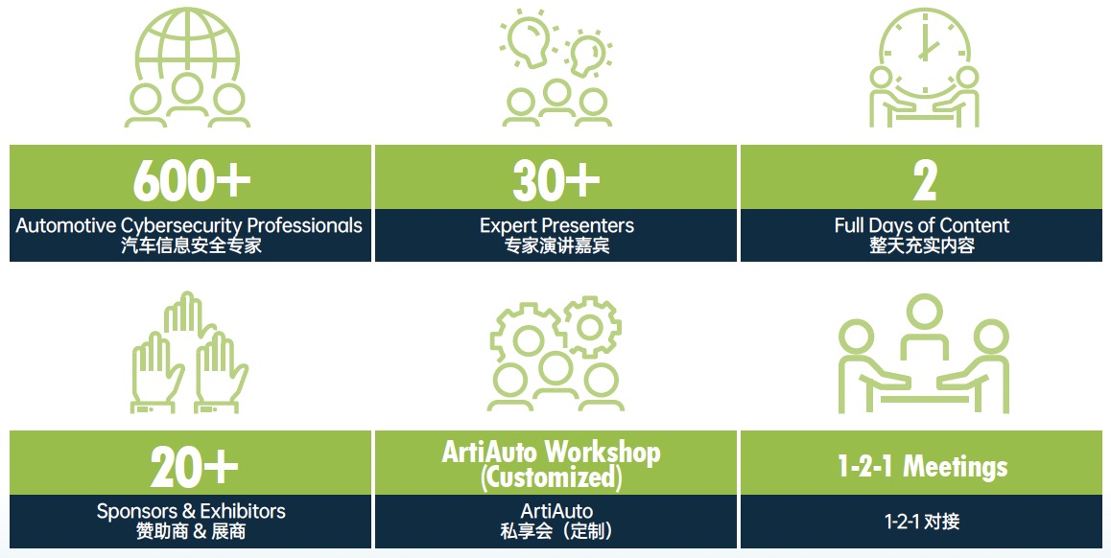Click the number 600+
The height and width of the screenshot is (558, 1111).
click(191, 180)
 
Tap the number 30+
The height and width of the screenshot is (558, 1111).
click(556, 180)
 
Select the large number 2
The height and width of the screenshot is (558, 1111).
click(924, 180)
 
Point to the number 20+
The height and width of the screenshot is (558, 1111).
click(194, 467)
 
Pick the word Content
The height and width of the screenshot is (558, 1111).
click(974, 226)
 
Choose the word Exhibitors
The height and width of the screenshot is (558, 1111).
click(243, 511)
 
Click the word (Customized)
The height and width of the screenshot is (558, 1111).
click(552, 477)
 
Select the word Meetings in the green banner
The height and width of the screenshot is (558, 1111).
click(956, 467)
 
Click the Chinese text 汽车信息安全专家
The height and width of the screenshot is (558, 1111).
click(191, 246)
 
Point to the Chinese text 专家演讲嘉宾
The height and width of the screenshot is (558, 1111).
click(556, 246)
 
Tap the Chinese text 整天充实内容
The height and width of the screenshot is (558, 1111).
click(922, 245)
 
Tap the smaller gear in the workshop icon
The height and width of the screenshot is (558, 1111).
click(589, 327)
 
